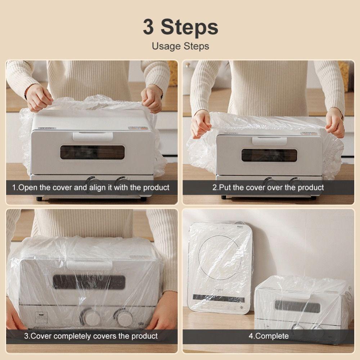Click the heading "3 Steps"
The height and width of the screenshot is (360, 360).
click(180, 27)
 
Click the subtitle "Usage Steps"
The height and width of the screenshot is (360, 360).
click(180, 46)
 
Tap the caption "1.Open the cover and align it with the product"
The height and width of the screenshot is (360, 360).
click(91, 188)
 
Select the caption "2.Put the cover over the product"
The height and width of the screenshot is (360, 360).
click(268, 188)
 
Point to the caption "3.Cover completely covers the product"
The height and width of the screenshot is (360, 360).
click(91, 336)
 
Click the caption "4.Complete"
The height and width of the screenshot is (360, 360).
click(268, 336)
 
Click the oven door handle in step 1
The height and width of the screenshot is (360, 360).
click(93, 136)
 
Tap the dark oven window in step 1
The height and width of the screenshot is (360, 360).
click(93, 152)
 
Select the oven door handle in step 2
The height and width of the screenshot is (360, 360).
click(269, 141)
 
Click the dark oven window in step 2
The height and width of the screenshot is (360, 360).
click(269, 155)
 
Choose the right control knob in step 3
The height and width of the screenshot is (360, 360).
click(125, 318)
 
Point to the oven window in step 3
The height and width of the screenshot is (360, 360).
click(89, 282)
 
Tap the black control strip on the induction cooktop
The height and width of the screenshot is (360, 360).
click(219, 298)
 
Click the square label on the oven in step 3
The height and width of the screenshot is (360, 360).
click(41, 318)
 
